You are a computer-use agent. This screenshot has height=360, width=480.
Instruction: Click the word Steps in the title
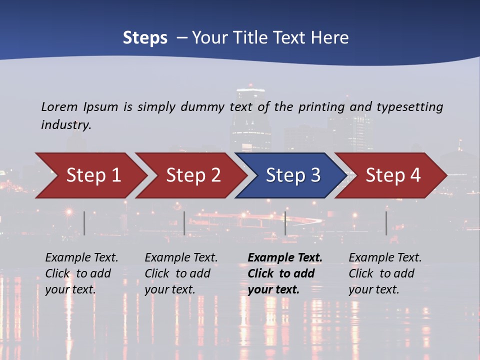click(x=145, y=38)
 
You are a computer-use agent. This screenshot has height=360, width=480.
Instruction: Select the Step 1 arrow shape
click(x=92, y=175)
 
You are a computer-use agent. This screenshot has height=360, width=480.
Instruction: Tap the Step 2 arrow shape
click(x=192, y=175)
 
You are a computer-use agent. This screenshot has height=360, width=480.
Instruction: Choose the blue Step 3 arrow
click(x=292, y=175)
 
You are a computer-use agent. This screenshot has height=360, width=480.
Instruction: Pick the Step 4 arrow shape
click(x=392, y=175)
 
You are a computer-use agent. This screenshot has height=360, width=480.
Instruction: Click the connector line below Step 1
click(x=84, y=223)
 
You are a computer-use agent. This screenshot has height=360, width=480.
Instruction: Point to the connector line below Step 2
click(x=184, y=223)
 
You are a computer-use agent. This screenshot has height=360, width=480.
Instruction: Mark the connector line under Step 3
click(x=285, y=223)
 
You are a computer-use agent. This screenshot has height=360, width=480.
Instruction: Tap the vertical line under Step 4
click(x=386, y=223)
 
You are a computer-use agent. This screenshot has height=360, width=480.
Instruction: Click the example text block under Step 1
click(x=81, y=273)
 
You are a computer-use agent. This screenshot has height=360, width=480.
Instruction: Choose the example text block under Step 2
click(x=181, y=273)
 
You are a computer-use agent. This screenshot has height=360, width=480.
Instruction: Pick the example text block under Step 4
click(x=385, y=273)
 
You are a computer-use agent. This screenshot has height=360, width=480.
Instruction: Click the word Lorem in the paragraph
click(x=59, y=106)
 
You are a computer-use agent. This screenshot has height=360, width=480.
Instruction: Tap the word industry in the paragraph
click(x=66, y=125)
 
